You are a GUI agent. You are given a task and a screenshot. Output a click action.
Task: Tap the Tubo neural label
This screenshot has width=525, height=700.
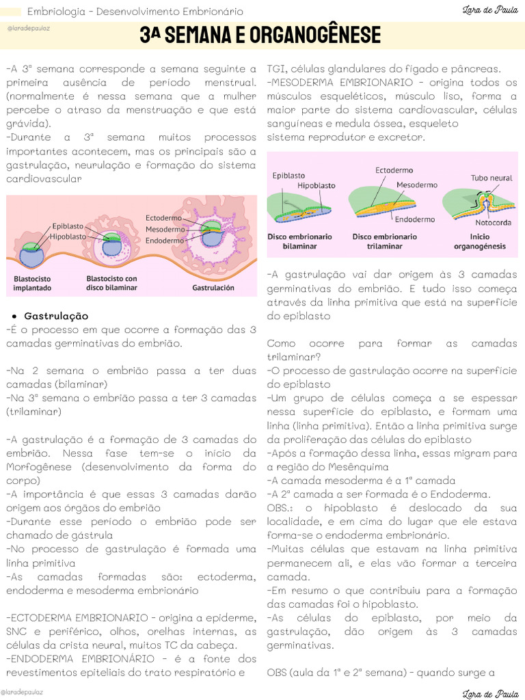click(491, 178)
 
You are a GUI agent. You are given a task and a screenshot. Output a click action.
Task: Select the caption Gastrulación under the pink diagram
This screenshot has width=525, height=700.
click(213, 288)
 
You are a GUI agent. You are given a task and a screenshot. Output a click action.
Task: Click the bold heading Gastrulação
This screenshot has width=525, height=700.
click(56, 316)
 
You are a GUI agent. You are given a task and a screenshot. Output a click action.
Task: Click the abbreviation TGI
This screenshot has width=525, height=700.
click(277, 68)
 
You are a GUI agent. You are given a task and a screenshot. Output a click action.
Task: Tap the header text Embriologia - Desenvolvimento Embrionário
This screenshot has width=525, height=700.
click(135, 12)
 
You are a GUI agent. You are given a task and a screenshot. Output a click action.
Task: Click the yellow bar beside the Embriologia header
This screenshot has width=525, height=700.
click(11, 12)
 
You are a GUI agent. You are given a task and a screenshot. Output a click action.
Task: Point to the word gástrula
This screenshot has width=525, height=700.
click(91, 535)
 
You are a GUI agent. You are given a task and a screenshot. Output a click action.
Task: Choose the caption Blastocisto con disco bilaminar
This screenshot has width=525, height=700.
click(111, 283)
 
